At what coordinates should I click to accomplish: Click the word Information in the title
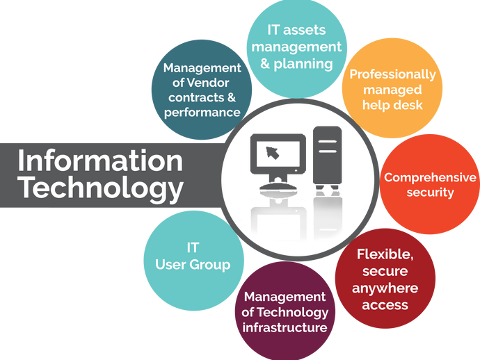click(99, 161)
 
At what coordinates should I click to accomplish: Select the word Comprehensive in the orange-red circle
click(431, 177)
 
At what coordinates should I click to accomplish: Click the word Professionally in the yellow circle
click(392, 74)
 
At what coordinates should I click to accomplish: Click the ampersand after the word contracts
click(231, 97)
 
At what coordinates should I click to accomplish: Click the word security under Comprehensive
click(430, 192)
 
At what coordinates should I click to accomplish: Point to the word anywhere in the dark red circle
click(385, 288)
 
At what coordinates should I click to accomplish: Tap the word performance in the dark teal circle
click(202, 112)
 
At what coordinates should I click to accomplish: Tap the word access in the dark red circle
click(385, 304)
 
